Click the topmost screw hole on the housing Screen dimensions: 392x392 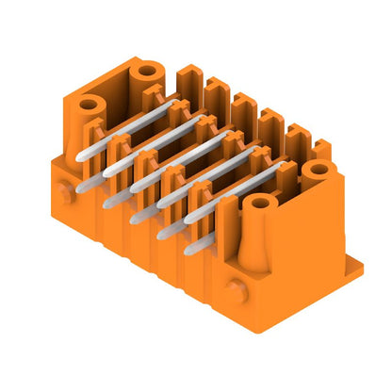146,72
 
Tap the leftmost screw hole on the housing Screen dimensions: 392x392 91,106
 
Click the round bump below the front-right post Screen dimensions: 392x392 235,290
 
